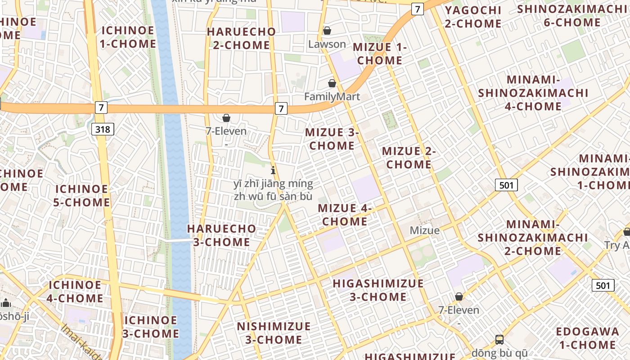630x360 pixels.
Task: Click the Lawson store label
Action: [327, 44]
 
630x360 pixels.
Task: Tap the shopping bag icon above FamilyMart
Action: [332, 83]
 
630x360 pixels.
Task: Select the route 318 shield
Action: [103, 130]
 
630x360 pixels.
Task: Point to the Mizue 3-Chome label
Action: [332, 139]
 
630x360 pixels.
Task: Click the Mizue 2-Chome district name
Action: [409, 157]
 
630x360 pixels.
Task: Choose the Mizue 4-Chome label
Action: [345, 215]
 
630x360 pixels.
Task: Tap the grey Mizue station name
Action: [424, 230]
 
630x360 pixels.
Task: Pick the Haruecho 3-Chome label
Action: [221, 235]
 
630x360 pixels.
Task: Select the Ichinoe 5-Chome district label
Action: [81, 196]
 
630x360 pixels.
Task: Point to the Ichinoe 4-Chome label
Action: [76, 292]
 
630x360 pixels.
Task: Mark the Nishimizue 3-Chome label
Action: [274, 333]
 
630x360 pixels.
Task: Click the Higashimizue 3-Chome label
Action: [378, 290]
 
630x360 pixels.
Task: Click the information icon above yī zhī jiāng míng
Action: [273, 170]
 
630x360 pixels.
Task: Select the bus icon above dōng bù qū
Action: [499, 339]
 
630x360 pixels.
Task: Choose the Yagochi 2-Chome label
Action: [473, 17]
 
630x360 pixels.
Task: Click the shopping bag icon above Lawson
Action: [327, 31]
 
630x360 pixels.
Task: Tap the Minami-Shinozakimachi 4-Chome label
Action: [533, 93]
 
